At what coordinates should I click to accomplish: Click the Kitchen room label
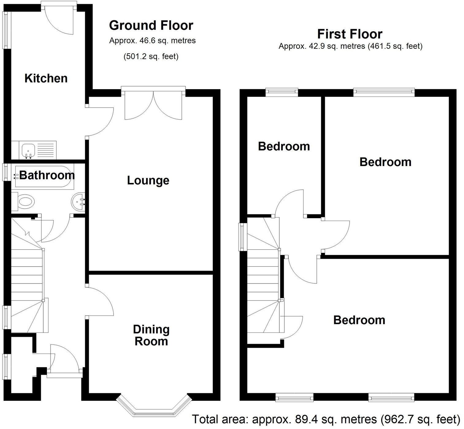pos(46,78)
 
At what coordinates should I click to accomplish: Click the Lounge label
pos(148,180)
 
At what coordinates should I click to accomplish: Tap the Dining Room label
pos(151,335)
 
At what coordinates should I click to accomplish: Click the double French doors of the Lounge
pos(153,104)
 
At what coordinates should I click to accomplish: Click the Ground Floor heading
pos(151,25)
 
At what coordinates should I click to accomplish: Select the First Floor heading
pos(350,34)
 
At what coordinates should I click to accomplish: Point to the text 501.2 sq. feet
pos(151,57)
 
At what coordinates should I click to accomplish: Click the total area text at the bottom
pos(326,419)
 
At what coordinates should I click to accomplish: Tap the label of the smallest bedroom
pos(284,146)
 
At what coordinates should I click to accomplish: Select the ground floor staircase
pos(27,282)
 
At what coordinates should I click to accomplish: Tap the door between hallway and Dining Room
pos(100,300)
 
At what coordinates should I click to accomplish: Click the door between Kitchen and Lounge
pos(100,121)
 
